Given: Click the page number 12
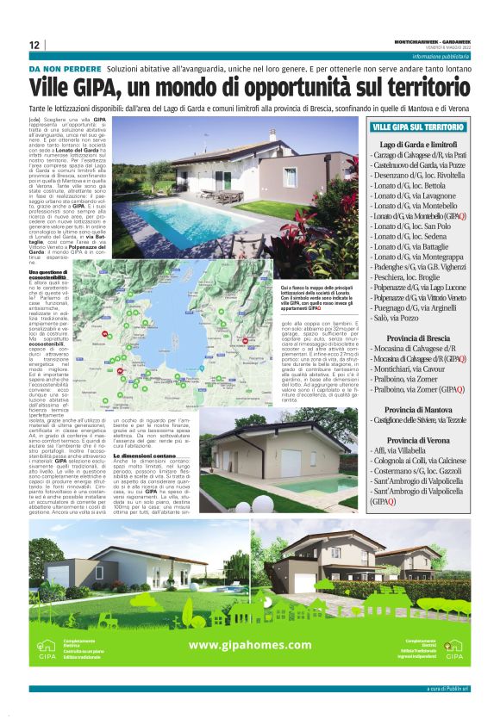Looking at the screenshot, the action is (34, 45).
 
